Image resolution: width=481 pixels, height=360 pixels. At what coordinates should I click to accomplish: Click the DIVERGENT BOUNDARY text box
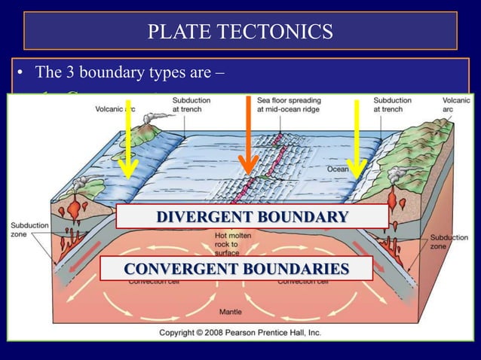tap(252, 217)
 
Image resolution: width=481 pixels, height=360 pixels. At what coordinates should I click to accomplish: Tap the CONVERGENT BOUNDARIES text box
tap(236, 269)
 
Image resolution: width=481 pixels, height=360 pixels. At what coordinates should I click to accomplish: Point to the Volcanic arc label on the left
tap(115, 108)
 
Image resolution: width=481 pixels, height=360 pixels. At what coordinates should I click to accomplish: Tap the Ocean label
tap(337, 169)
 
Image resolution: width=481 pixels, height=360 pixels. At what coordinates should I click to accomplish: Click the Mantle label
tap(230, 311)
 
